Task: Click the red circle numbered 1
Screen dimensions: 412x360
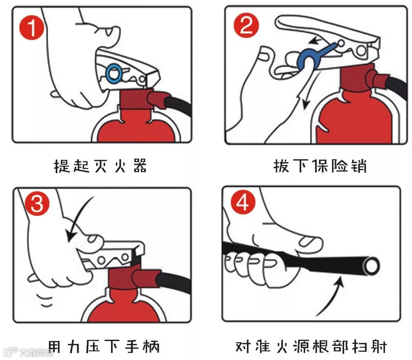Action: (x=32, y=27)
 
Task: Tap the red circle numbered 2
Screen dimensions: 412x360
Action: (x=246, y=25)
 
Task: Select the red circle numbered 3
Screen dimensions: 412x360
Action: (x=37, y=203)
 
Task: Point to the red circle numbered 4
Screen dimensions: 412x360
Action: (x=243, y=202)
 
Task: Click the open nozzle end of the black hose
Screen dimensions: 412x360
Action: (x=371, y=265)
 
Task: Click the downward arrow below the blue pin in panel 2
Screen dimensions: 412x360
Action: (x=309, y=89)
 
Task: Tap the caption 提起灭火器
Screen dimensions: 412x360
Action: (x=100, y=166)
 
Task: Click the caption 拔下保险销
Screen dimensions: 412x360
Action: (x=320, y=166)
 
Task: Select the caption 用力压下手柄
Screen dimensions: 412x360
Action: (x=104, y=347)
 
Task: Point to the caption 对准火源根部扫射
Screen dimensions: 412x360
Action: (x=311, y=347)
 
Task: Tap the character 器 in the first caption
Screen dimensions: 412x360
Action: (x=140, y=166)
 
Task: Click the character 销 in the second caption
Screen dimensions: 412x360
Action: (x=359, y=166)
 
